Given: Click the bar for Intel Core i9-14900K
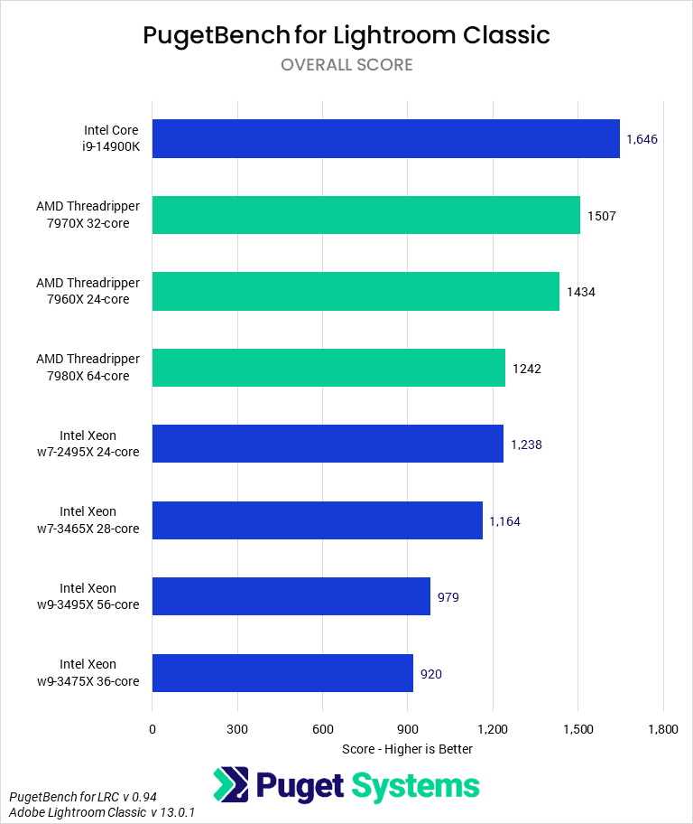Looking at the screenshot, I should (x=385, y=138).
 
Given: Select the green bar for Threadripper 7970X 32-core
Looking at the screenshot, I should (x=365, y=215).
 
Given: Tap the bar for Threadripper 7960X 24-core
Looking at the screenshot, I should (x=356, y=291).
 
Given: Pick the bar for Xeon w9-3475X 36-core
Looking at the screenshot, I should (x=282, y=673).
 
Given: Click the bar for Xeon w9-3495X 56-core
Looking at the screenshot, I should (x=291, y=596).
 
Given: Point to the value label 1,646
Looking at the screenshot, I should (x=642, y=139).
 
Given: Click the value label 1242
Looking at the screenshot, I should (x=527, y=368).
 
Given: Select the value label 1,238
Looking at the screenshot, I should (x=526, y=445).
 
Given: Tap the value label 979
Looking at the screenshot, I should (x=448, y=597).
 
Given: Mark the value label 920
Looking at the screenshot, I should (x=430, y=673).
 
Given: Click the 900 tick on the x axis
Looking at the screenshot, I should (x=408, y=728).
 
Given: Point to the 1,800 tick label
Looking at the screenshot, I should (x=663, y=728).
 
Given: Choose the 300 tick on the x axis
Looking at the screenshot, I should (x=237, y=728).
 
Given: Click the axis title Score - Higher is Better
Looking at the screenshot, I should (x=408, y=749).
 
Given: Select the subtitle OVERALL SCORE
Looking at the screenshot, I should (x=346, y=64).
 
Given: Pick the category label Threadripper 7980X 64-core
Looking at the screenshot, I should (x=88, y=368).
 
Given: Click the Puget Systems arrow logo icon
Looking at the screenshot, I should (x=231, y=784).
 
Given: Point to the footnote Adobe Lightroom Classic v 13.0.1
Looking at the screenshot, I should (x=102, y=812).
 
